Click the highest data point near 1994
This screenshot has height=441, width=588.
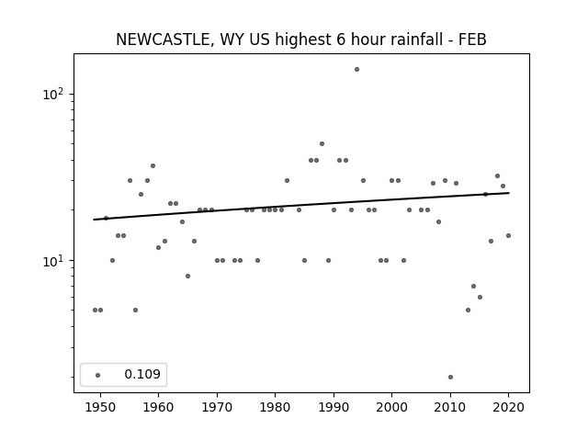(356, 70)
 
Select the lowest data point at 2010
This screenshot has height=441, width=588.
(450, 378)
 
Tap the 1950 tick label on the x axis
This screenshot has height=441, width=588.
(100, 407)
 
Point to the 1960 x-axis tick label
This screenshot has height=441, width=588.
(158, 407)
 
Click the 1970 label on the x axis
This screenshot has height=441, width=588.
(217, 407)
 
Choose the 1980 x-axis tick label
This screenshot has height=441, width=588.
(276, 407)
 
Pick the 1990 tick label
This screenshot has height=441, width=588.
(334, 407)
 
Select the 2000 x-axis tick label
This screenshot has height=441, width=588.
(392, 407)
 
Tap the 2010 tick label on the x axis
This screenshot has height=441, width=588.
(450, 407)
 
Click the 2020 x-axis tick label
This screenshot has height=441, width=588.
(508, 407)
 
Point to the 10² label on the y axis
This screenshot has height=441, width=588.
(53, 94)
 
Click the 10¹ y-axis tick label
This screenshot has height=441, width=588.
(53, 261)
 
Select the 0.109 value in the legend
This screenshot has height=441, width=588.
(142, 374)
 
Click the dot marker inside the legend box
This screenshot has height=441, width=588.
(98, 375)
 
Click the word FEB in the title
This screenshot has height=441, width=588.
(472, 40)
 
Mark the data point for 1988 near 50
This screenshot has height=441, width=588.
(322, 144)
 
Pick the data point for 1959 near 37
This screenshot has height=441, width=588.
(153, 165)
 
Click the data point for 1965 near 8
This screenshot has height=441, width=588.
(187, 277)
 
